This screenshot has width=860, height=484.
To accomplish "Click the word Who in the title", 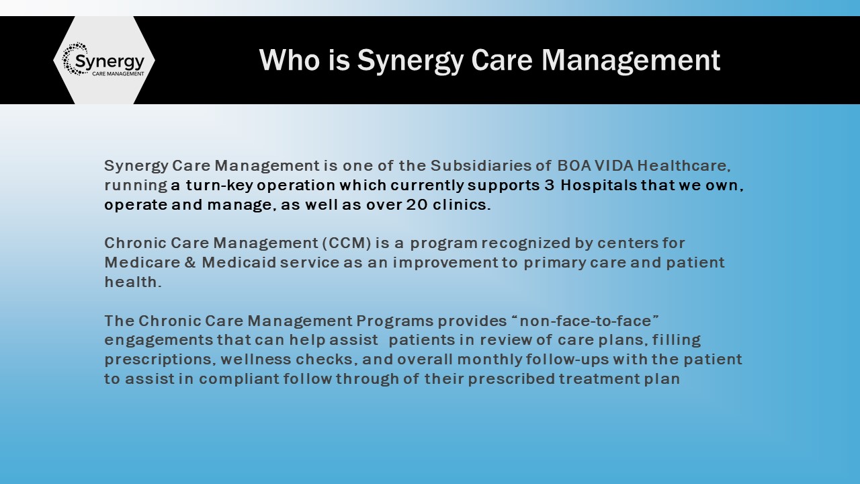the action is click(x=289, y=60).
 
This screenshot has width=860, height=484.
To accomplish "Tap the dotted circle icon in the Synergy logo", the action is click(x=75, y=58).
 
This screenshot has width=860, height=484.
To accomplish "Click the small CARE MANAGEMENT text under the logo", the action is click(x=118, y=73).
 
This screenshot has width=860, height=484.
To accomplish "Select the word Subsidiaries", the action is click(x=482, y=165).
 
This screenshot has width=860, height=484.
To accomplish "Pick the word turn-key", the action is click(x=219, y=185).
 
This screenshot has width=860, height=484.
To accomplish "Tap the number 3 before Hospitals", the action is click(x=549, y=185).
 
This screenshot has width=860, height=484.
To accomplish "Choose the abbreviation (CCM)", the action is click(x=347, y=243).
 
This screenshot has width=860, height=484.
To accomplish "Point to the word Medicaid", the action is click(x=239, y=263).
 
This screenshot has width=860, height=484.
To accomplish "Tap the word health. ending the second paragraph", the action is click(x=133, y=282).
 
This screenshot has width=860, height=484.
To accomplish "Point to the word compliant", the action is click(x=239, y=379).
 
